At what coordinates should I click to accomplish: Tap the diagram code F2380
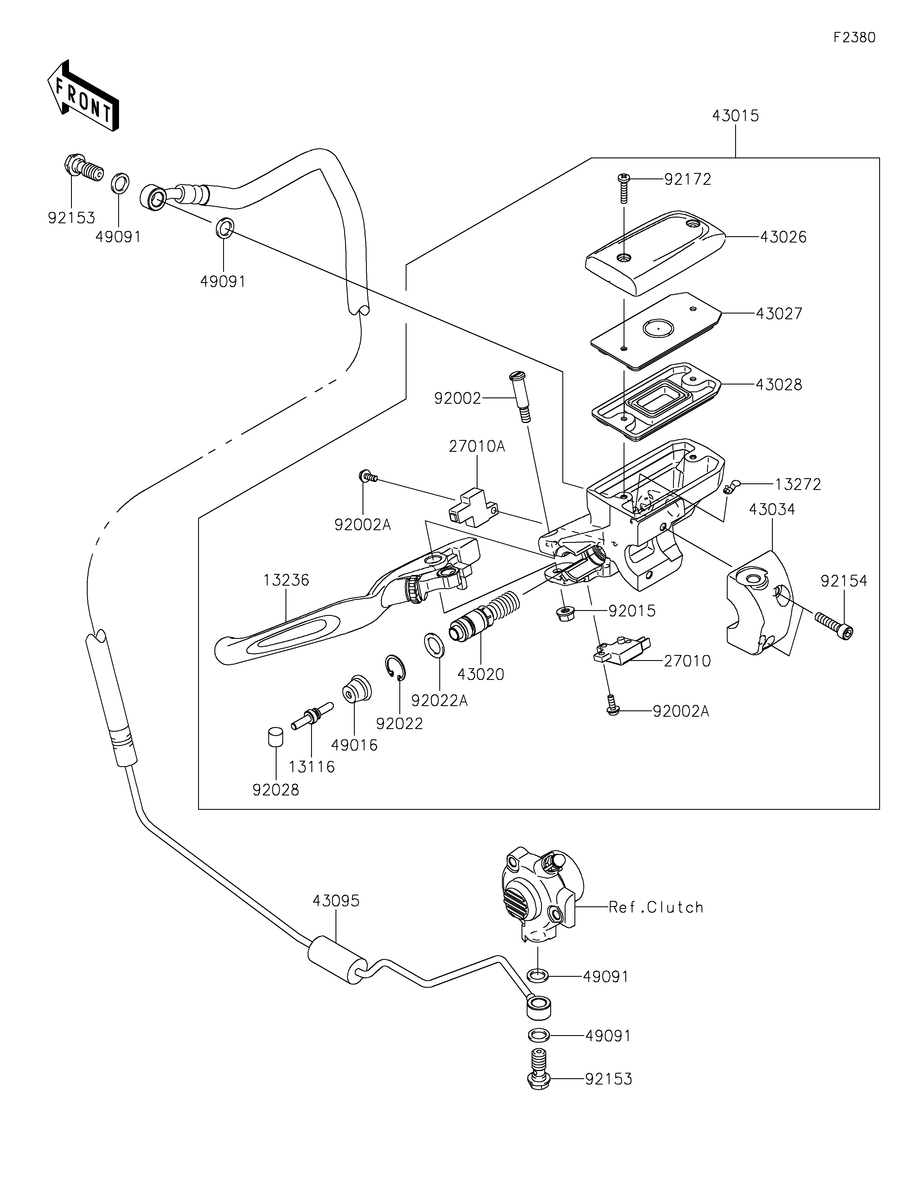[x=854, y=38]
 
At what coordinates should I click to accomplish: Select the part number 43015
[x=735, y=116]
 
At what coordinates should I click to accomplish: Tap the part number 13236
[x=286, y=580]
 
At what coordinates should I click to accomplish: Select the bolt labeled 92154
[x=833, y=624]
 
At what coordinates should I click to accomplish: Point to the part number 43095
[x=336, y=901]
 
